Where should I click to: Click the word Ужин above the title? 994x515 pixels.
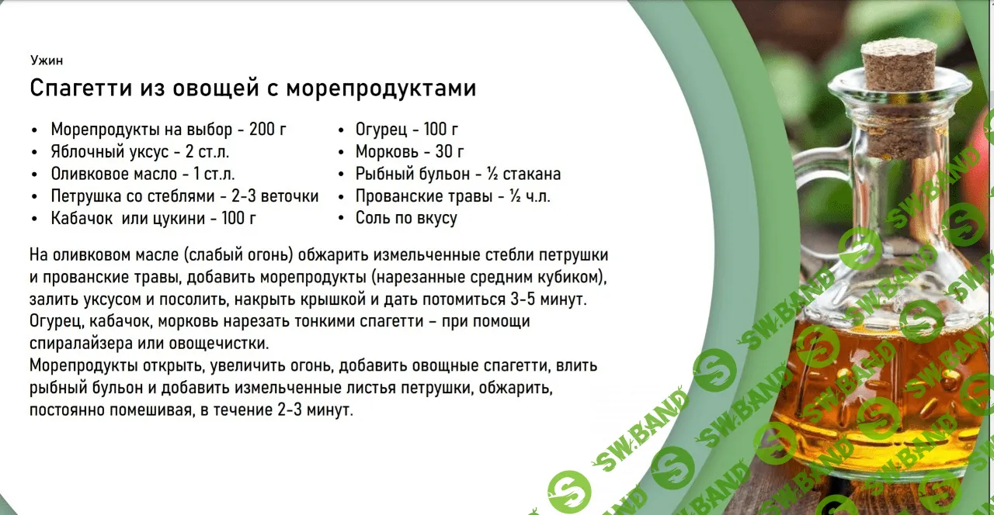click(47, 60)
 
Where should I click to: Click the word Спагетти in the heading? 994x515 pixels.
click(82, 88)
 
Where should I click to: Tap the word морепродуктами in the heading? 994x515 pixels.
click(381, 88)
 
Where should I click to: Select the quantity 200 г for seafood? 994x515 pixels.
click(268, 130)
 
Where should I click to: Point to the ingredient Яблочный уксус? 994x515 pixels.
click(109, 152)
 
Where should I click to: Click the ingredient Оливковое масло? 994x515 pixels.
click(114, 174)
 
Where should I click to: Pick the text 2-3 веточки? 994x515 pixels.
click(275, 196)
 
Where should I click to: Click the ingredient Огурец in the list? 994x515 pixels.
click(381, 130)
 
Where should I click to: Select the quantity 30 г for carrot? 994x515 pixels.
click(449, 152)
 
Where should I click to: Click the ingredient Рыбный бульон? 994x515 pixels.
click(412, 175)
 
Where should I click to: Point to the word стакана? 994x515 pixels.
click(532, 175)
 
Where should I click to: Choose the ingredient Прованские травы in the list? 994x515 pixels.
click(424, 196)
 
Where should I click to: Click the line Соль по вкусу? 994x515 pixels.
click(406, 219)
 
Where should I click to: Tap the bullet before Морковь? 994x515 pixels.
click(341, 153)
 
